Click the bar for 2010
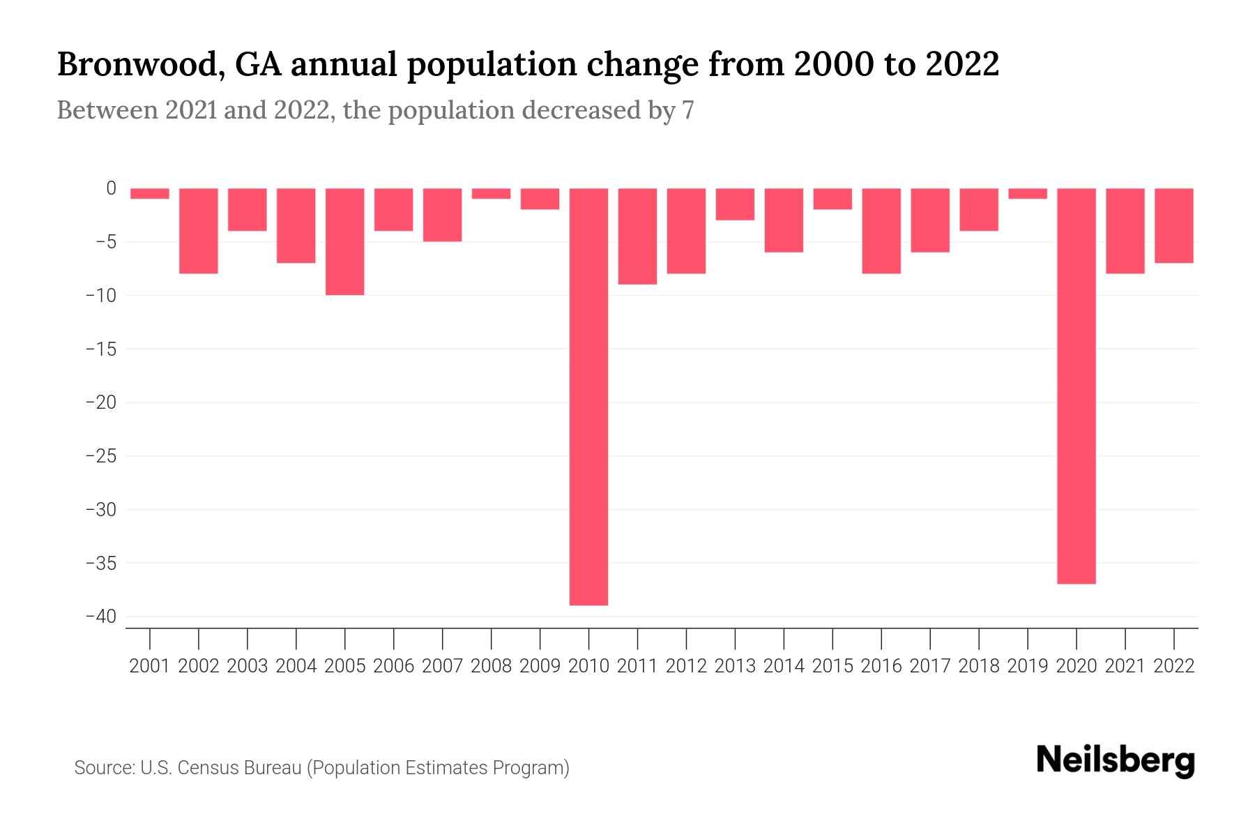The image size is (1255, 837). (x=588, y=396)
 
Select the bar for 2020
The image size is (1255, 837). (x=1076, y=386)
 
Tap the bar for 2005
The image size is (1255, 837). (x=344, y=241)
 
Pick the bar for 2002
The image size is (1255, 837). (x=199, y=230)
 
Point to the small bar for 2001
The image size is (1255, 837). (x=150, y=193)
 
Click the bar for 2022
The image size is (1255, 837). (x=1173, y=225)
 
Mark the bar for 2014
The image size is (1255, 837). (x=784, y=220)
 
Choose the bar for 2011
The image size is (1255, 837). (x=637, y=236)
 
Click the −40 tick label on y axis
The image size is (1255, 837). (x=100, y=617)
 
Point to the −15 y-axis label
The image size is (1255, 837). (x=100, y=349)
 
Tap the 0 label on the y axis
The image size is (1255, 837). (x=111, y=188)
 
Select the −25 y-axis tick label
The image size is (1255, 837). (x=100, y=456)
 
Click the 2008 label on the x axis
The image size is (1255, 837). (x=491, y=666)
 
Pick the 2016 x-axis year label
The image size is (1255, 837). (x=881, y=666)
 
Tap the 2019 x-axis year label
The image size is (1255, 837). (x=1027, y=666)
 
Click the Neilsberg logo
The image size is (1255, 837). (x=1115, y=760)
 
